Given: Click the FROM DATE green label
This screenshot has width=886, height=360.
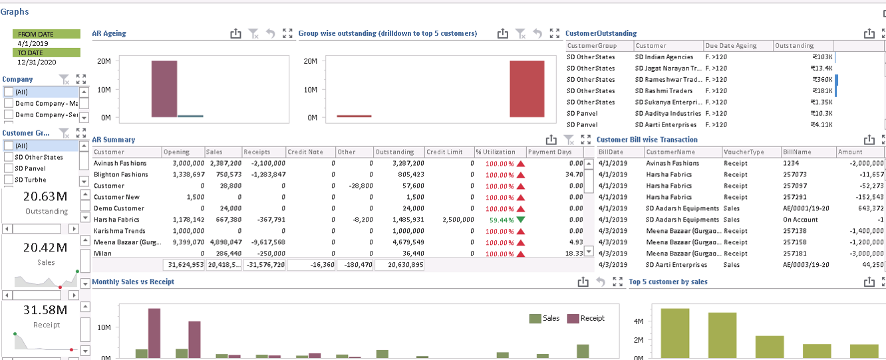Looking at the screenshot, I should [x=46, y=34].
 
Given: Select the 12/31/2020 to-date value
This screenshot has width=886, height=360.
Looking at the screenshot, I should [x=37, y=62].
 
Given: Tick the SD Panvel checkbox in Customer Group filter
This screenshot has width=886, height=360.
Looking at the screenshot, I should [x=9, y=168].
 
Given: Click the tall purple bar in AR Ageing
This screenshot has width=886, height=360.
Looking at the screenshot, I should [x=164, y=89].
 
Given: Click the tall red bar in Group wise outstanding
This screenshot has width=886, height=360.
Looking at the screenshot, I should [x=527, y=89].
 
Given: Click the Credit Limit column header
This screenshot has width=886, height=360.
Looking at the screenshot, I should [x=444, y=152].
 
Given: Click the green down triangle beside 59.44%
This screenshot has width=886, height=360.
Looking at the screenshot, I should [x=521, y=220].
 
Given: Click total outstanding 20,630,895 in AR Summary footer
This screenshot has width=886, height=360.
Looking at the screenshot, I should [x=399, y=264].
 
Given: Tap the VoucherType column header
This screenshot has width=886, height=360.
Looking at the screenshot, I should [x=740, y=152].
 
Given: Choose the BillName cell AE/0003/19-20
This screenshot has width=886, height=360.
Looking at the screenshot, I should [x=807, y=264].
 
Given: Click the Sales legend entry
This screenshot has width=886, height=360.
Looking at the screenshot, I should [x=545, y=319].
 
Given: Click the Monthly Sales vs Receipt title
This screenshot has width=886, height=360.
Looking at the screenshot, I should [x=133, y=281].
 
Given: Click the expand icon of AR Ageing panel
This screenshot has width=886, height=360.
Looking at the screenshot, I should [x=287, y=33].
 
